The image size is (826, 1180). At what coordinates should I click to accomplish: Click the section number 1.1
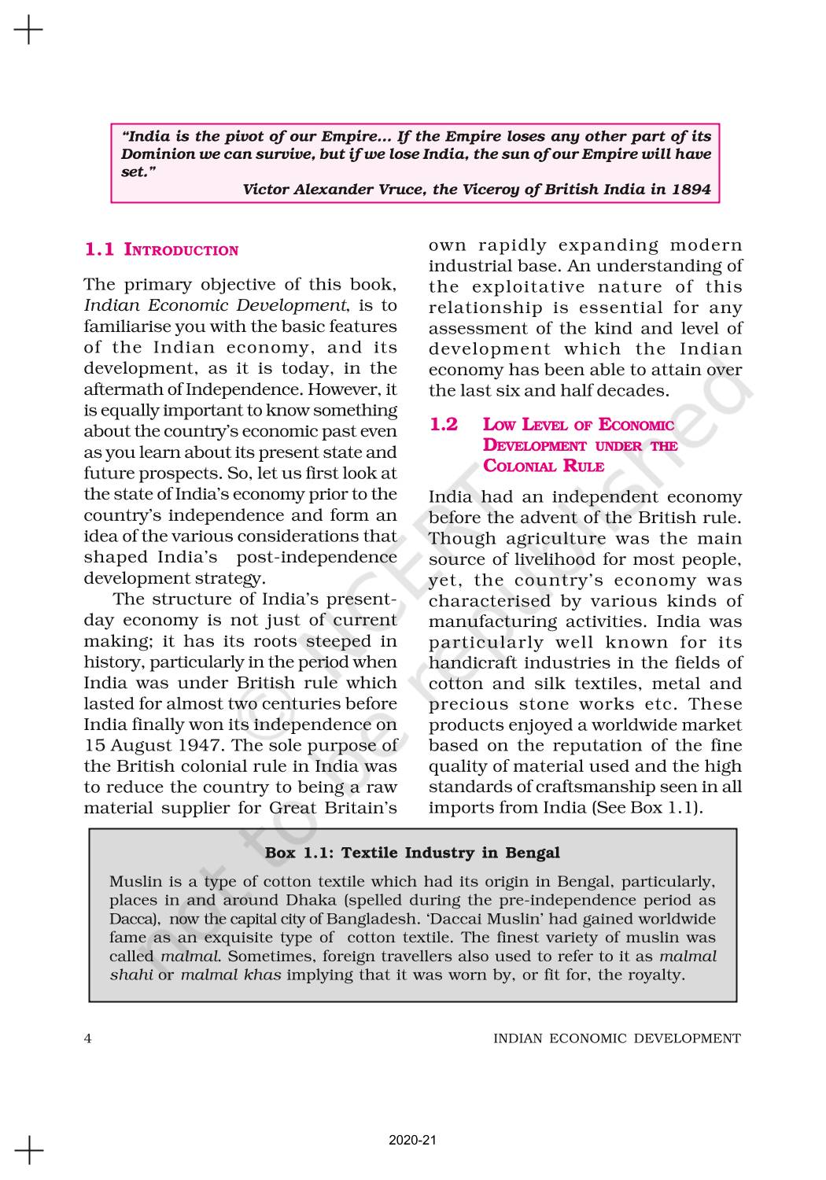point(99,250)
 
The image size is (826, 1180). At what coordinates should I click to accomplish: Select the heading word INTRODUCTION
point(182,251)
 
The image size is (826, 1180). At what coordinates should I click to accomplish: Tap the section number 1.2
point(444,425)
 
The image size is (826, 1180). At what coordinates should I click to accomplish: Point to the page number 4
point(88,1038)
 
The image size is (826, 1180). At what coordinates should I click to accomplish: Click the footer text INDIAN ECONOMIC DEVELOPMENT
point(616,1038)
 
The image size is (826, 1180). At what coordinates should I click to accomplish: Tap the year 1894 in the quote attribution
point(691,189)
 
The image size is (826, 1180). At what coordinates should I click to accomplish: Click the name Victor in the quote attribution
point(266,189)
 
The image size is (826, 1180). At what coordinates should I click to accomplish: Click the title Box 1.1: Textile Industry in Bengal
point(412,853)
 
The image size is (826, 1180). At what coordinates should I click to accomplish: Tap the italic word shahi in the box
point(131,975)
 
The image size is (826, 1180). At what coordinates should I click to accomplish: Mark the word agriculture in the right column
point(557,539)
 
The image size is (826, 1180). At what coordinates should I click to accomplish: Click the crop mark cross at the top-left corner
point(28,31)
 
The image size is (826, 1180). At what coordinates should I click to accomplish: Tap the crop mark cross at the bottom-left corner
point(28,1149)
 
